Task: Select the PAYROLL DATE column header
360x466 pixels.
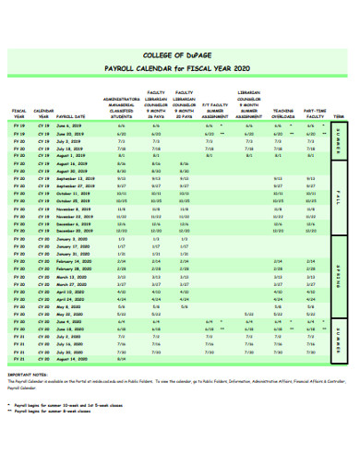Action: [x=71, y=117]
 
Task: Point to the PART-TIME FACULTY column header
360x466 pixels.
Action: [x=316, y=112]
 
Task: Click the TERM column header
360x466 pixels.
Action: [x=339, y=117]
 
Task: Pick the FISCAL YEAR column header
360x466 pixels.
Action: [x=19, y=114]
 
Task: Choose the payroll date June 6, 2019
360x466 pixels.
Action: [x=70, y=125]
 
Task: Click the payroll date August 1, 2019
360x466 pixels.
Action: [x=71, y=155]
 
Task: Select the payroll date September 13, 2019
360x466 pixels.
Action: [x=75, y=178]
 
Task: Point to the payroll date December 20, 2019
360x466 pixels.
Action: [x=75, y=231]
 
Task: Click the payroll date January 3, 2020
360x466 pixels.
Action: [x=71, y=239]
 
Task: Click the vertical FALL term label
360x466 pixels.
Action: [x=338, y=197]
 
